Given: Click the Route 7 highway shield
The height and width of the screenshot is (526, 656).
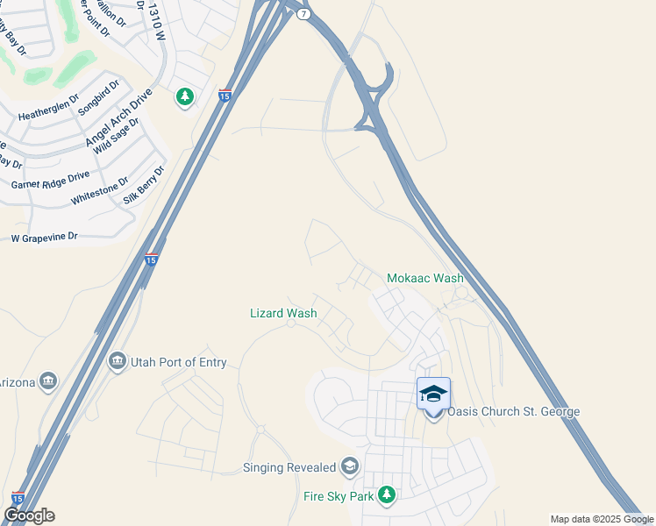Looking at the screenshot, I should click(x=303, y=16).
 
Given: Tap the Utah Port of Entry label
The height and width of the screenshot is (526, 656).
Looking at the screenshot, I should click(x=178, y=362).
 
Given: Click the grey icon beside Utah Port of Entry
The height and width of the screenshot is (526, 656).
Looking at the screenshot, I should click(x=118, y=361).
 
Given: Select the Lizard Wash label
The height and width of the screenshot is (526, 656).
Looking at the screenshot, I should click(x=283, y=312).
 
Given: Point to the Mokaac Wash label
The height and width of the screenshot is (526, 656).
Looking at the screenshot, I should click(x=425, y=278).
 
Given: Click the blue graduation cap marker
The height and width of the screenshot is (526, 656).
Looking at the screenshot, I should click(x=433, y=394).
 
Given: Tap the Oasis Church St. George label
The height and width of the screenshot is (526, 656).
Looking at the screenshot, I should click(x=514, y=412).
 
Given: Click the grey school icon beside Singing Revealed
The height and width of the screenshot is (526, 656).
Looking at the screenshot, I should click(x=351, y=466).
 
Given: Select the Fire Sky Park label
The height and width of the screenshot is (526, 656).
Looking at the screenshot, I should click(x=338, y=496).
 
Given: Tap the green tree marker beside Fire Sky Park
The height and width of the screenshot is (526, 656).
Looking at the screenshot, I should click(x=387, y=496).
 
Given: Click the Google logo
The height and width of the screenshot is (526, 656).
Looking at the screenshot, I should click(x=29, y=515).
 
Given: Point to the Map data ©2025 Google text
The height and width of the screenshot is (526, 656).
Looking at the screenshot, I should click(x=602, y=519).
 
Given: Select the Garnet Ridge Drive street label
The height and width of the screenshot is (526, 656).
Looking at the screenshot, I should click(x=50, y=180).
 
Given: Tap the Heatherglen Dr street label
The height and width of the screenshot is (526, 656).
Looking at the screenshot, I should click(x=48, y=114).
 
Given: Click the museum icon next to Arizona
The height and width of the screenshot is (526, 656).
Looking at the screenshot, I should click(x=48, y=380).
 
